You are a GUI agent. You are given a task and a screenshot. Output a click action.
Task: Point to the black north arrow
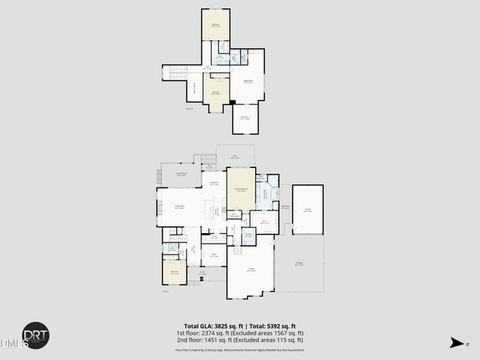coord(455,343)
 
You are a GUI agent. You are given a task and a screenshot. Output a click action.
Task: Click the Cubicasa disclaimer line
coord(239,349)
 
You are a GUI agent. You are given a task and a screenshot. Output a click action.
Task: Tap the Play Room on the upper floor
coord(244,118)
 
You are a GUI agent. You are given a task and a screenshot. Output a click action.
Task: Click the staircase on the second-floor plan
coord(173,72)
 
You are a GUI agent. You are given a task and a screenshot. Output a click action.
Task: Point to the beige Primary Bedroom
coord(241,190)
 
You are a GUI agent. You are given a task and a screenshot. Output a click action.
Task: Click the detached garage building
coord(307,211)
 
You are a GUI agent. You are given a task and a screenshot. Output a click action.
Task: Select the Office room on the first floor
coord(214,256)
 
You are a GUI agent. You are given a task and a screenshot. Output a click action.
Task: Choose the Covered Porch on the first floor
coord(181,176)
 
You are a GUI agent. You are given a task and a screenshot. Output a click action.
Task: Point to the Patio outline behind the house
coord(235,156)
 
